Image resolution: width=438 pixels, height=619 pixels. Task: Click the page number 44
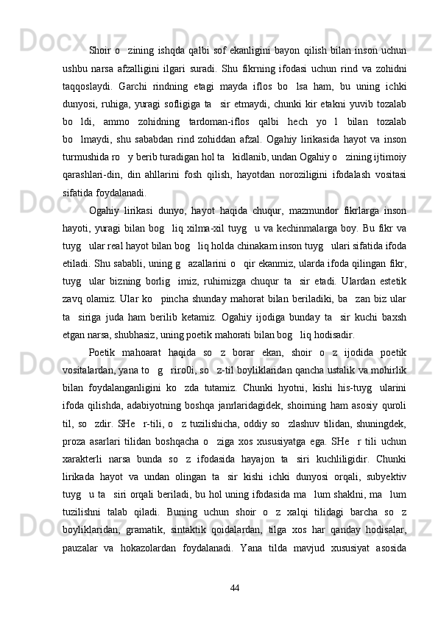pyautogui.click(x=235, y=587)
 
